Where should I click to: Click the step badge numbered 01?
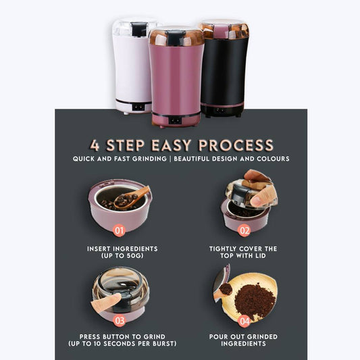point(119,230)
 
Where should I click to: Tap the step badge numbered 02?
point(244,230)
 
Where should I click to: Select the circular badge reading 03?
point(120,320)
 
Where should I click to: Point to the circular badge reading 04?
point(244,322)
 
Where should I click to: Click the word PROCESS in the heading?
point(236,145)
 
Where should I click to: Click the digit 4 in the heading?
point(95,145)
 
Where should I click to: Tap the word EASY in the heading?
point(171,145)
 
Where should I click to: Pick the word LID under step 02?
point(259,255)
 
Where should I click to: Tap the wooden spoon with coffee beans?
point(131,198)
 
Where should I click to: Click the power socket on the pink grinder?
point(175,120)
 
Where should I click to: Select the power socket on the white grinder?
point(138,107)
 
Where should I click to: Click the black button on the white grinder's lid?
point(139,29)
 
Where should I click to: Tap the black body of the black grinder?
point(223,70)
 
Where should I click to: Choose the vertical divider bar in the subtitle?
point(170,159)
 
